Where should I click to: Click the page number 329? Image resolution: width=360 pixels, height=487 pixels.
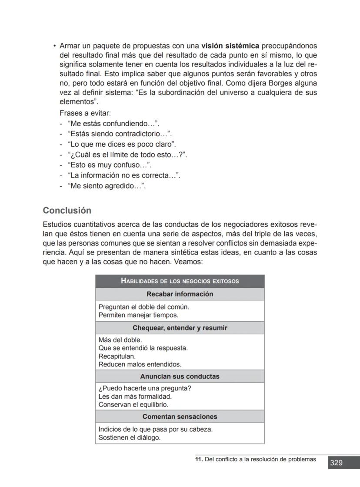[x=336, y=463]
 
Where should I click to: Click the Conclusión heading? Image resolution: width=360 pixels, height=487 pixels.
[x=67, y=211]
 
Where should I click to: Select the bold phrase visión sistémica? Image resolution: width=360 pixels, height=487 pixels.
[x=230, y=46]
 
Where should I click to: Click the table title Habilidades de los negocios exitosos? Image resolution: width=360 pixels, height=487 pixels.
[x=180, y=281]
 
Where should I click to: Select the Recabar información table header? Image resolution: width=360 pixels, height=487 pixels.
[x=180, y=294]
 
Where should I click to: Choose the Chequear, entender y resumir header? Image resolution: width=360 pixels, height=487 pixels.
[x=180, y=328]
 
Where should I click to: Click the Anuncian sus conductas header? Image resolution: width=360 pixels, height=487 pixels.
[x=180, y=376]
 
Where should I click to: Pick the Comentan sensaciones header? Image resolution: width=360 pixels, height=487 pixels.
[x=180, y=416]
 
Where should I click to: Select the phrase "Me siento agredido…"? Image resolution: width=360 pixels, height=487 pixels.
[x=107, y=186]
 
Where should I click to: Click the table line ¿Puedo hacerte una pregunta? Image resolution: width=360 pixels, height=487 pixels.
[x=145, y=388]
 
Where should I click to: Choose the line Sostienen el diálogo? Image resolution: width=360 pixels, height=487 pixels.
[x=129, y=437]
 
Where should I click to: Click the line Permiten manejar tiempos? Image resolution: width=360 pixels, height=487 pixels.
[x=138, y=315]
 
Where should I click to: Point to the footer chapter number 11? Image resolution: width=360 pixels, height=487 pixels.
[x=198, y=459]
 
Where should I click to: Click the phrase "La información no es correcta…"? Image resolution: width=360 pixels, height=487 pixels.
[x=124, y=176]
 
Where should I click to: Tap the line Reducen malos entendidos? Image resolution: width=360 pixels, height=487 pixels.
[x=140, y=364]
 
